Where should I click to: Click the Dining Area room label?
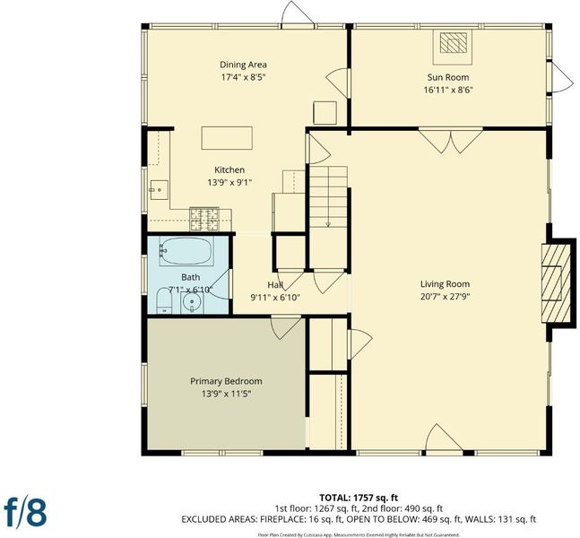click(243, 65)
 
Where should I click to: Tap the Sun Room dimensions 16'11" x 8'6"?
click(448, 90)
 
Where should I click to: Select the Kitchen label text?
click(229, 169)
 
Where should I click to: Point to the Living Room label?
click(445, 284)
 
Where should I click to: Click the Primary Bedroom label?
click(226, 381)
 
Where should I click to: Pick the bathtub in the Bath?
click(186, 251)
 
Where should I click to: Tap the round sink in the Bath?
click(192, 302)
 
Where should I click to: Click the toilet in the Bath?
click(164, 300)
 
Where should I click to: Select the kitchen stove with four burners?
click(204, 220)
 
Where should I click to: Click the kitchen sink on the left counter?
click(159, 190)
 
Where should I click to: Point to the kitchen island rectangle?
click(227, 138)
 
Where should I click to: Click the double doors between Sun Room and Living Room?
click(451, 140)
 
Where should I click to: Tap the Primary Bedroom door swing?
click(285, 326)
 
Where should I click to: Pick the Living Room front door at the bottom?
click(445, 438)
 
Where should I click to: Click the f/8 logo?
click(25, 512)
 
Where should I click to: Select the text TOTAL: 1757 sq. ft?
click(359, 498)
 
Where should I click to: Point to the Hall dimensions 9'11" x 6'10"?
click(275, 298)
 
